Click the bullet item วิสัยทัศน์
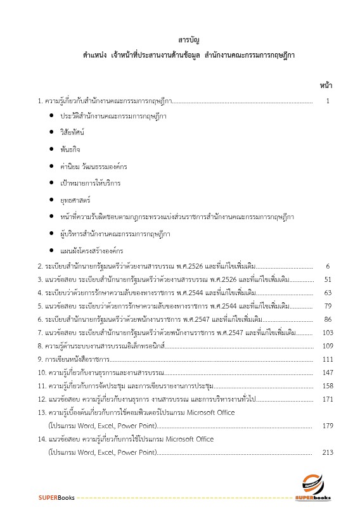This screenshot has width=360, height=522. tap(72, 132)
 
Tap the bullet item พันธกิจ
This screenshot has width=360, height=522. tap(70, 150)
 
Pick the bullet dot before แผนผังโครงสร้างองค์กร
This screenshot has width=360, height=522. tap(51, 250)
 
